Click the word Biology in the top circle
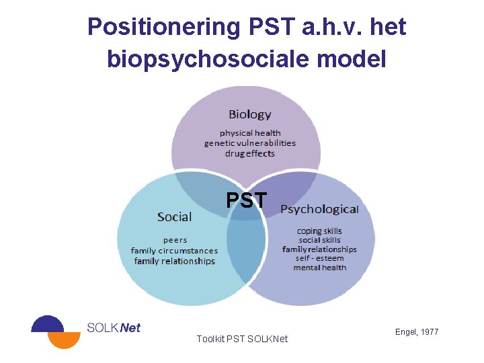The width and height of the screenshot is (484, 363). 249,114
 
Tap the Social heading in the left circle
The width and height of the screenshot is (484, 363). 174,216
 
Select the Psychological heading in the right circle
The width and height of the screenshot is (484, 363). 319,209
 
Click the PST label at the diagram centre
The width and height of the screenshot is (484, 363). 246,200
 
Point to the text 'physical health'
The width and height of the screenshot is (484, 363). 250,133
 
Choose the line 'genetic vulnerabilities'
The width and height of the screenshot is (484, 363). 250,143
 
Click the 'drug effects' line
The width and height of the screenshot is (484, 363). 250,153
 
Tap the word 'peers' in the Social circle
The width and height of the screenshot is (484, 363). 175,240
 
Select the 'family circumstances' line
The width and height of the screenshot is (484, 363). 175,251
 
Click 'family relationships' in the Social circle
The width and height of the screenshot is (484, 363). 175,261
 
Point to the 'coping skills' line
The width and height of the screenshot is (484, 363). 319,231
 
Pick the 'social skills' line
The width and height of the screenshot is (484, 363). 319,240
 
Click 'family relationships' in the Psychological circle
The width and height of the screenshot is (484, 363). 319,249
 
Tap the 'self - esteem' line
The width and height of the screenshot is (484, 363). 319,258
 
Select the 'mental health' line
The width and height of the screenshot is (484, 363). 319,268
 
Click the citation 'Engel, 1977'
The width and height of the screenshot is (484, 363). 417,332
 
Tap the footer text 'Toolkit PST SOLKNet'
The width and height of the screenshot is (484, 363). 242,339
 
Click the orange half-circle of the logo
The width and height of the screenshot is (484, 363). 65,340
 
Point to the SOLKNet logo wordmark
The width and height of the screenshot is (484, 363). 114,328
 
